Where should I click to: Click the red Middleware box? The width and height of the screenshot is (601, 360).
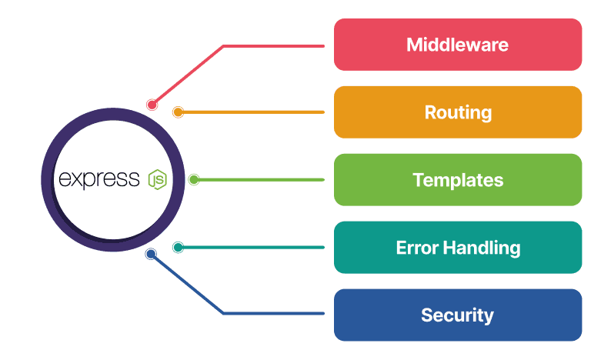pyautogui.click(x=457, y=45)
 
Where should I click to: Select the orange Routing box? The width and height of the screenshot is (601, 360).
pyautogui.click(x=457, y=112)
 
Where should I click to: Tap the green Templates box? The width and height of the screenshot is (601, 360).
pyautogui.click(x=457, y=180)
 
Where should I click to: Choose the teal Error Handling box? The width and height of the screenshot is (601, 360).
pyautogui.click(x=457, y=248)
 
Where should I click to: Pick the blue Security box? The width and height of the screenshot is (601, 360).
pyautogui.click(x=457, y=315)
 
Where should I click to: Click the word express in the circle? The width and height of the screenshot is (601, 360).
pyautogui.click(x=98, y=180)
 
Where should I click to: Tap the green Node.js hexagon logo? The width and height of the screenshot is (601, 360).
pyautogui.click(x=157, y=180)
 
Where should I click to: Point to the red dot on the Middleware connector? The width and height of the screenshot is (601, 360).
pyautogui.click(x=152, y=105)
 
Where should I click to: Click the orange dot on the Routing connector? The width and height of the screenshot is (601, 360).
pyautogui.click(x=178, y=112)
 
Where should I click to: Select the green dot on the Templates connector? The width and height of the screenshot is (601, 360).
pyautogui.click(x=194, y=180)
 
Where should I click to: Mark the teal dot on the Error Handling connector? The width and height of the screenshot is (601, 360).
pyautogui.click(x=178, y=248)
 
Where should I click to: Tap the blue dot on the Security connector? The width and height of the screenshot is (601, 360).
pyautogui.click(x=152, y=254)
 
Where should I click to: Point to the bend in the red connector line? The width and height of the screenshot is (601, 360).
pyautogui.click(x=223, y=46)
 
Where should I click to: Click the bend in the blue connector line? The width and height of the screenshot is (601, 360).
pyautogui.click(x=223, y=313)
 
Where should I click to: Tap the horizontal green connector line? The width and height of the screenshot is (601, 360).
pyautogui.click(x=262, y=180)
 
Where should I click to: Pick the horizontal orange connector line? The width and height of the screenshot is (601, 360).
pyautogui.click(x=254, y=112)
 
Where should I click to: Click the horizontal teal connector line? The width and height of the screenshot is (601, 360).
pyautogui.click(x=254, y=248)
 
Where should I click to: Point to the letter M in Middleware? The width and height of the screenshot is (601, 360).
pyautogui.click(x=415, y=45)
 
